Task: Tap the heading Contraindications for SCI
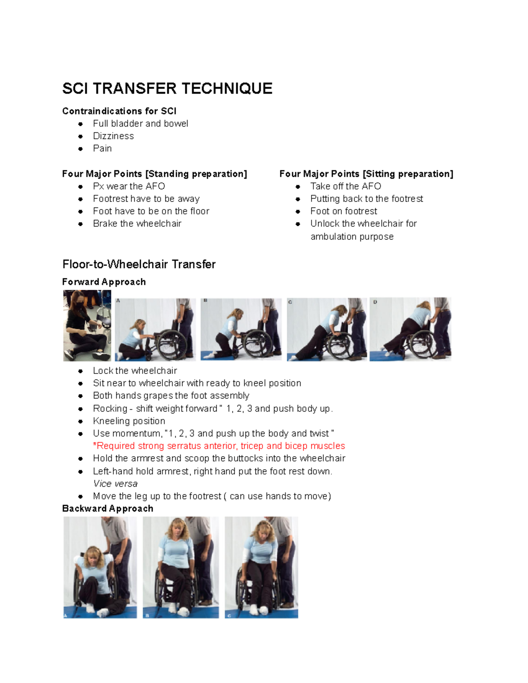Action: tap(119, 111)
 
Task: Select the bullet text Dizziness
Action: tap(113, 136)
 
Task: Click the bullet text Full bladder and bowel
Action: tap(140, 124)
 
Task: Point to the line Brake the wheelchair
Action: tap(137, 223)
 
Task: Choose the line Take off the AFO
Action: tap(345, 186)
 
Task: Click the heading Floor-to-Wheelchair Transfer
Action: tap(139, 264)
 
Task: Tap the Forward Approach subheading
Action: tap(104, 282)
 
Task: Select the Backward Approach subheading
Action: tap(108, 508)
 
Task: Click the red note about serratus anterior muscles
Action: tap(219, 446)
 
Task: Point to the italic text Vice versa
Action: tap(115, 484)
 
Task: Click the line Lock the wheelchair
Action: tap(135, 371)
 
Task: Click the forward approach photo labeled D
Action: tap(410, 329)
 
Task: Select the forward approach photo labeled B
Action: tap(241, 329)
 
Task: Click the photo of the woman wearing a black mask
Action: tap(87, 325)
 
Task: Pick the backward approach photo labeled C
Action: tap(261, 567)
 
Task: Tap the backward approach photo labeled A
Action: tap(100, 567)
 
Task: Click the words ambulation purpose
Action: tap(352, 237)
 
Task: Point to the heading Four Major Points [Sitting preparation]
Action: tap(366, 174)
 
